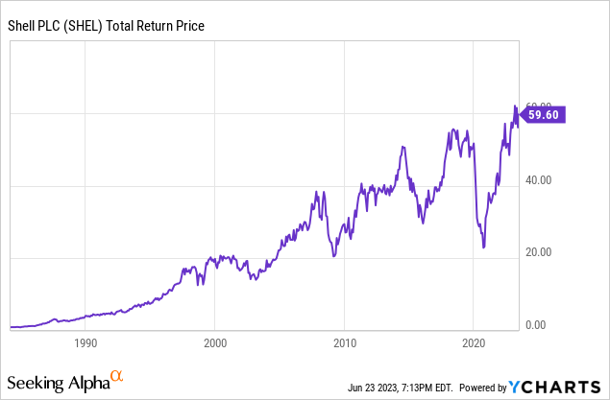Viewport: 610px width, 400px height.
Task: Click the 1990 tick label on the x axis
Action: point(85,342)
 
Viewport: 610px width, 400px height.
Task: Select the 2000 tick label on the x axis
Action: point(215,342)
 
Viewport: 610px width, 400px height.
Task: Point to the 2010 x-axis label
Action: point(345,342)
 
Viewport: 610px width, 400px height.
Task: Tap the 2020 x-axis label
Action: point(474,342)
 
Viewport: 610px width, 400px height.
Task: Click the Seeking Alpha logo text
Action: point(59,383)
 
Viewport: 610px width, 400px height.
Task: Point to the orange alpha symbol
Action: point(117,377)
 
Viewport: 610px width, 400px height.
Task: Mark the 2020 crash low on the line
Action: point(483,247)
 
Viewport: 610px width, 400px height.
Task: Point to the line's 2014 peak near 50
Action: point(403,147)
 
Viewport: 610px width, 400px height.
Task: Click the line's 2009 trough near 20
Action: point(332,255)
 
